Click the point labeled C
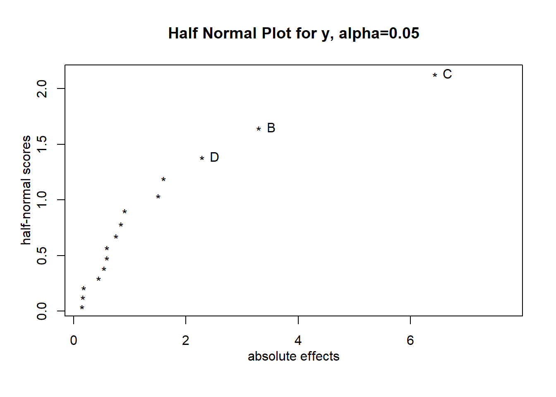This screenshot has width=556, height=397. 435,75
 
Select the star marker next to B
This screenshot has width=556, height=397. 259,129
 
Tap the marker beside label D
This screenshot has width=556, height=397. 202,158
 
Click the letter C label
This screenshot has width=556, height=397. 447,74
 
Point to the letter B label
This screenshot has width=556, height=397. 271,128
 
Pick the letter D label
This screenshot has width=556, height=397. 214,157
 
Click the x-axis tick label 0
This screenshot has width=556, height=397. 74,340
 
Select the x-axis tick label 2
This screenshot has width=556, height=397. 186,340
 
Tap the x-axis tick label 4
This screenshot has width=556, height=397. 298,340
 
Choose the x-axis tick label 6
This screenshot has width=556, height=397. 410,340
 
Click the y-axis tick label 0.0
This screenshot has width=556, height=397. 42,311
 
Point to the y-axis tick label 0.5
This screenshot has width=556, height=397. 42,256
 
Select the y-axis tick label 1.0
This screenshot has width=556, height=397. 42,200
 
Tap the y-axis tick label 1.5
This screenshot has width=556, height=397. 42,144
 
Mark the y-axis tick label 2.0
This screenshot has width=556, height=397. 42,88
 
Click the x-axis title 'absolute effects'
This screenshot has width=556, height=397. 293,356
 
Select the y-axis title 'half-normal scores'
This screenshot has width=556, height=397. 26,190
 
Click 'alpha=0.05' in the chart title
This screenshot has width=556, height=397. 379,33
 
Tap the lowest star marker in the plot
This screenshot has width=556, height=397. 82,308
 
